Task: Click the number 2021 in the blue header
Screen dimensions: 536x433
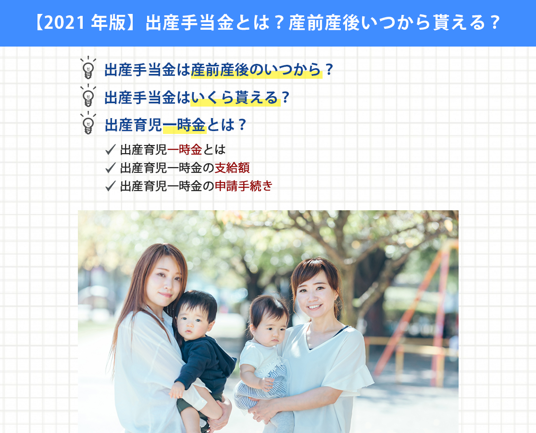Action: pos(64,23)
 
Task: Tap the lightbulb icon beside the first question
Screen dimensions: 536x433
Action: pos(88,68)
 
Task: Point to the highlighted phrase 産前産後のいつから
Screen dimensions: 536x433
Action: pos(256,70)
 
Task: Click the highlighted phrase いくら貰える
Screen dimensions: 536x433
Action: pos(235,98)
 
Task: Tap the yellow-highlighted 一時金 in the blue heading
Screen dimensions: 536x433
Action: pos(184,125)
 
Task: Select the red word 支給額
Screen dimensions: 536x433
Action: pos(232,168)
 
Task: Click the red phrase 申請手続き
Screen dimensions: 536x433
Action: pos(243,186)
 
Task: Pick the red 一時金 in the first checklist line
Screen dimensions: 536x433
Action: pos(185,150)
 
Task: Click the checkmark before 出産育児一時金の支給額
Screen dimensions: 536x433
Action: pos(111,168)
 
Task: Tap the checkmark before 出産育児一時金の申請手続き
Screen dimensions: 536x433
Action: pos(111,186)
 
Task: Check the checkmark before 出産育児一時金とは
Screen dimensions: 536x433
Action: pos(111,150)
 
